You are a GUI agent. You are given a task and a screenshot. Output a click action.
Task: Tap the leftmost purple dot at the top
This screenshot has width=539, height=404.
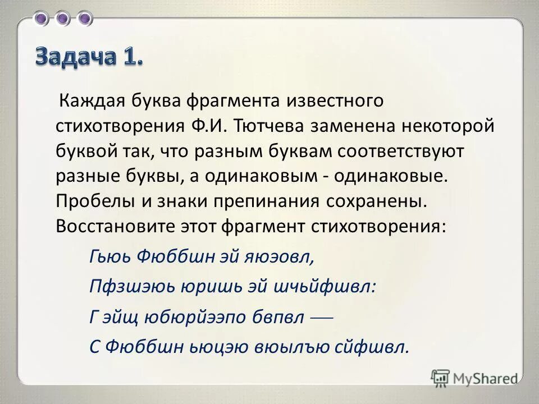42,19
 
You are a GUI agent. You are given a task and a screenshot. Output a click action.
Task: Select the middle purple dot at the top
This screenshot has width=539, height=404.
63,19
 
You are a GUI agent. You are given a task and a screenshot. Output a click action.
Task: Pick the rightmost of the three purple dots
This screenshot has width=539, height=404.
85,19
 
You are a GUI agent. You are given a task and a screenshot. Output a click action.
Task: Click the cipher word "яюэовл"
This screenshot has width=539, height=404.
277,256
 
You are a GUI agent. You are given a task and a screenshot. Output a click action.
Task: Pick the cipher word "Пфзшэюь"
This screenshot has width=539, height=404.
130,286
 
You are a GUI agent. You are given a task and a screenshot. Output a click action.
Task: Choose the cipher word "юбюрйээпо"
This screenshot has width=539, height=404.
207,317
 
